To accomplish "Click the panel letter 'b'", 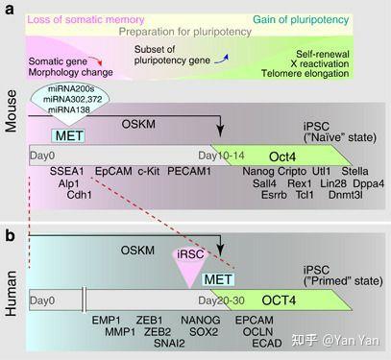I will [x=9, y=234].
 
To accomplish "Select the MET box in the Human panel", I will [x=217, y=279].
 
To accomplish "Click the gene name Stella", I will [x=369, y=171].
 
